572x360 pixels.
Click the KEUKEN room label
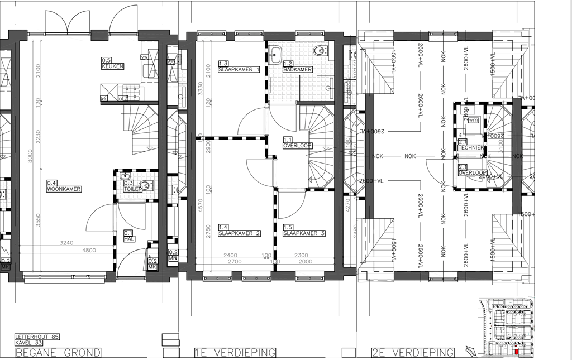pyautogui.click(x=112, y=66)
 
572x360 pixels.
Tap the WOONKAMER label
pyautogui.click(x=64, y=189)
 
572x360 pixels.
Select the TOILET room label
pyautogui.click(x=131, y=189)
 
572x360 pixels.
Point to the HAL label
pyautogui.click(x=128, y=239)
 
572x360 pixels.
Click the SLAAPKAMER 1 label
pyautogui.click(x=240, y=69)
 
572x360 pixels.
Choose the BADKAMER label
pyautogui.click(x=298, y=69)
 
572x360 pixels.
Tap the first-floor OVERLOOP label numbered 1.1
pyautogui.click(x=298, y=145)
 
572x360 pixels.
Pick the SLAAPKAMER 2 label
pyautogui.click(x=240, y=233)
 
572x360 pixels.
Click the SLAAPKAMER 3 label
pyautogui.click(x=303, y=233)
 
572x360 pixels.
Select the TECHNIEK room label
pyautogui.click(x=470, y=148)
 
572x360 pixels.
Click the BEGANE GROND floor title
pyautogui.click(x=58, y=353)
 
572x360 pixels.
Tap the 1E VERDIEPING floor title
pyautogui.click(x=235, y=353)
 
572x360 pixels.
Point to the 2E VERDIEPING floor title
pyautogui.click(x=413, y=353)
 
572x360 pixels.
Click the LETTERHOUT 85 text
pyautogui.click(x=37, y=337)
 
